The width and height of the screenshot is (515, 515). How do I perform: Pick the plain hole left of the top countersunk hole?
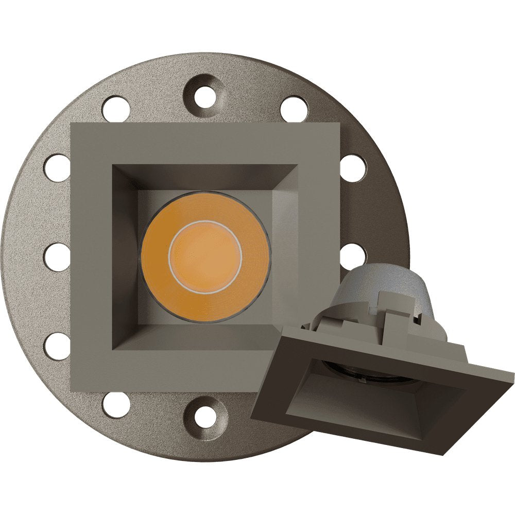pos(115,109)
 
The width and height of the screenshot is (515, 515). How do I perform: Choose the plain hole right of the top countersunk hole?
pos(294,109)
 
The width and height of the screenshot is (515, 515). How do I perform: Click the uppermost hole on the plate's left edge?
pos(57,167)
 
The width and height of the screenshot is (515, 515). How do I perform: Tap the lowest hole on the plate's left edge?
pos(57,346)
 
